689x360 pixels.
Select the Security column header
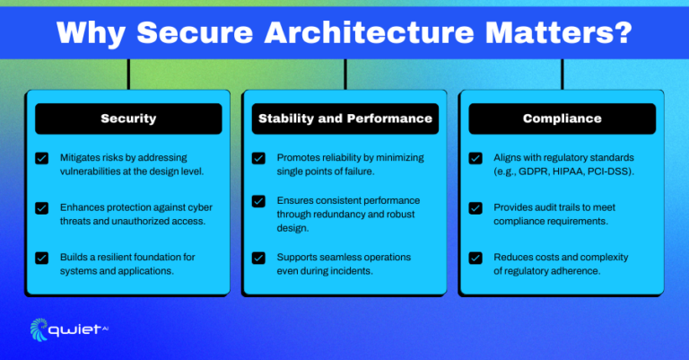[128, 119]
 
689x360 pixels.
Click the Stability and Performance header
[345, 119]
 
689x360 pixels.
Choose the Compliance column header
[563, 119]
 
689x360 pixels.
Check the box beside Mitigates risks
[41, 158]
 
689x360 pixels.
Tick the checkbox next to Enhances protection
[41, 208]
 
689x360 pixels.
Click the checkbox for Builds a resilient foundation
[41, 258]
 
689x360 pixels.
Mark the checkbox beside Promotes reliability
[258, 158]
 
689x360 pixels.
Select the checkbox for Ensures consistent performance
[258, 202]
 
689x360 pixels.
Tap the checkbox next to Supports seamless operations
[258, 258]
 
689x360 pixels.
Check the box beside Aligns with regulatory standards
[475, 158]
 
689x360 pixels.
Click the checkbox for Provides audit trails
[475, 208]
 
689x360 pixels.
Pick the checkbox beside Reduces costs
[475, 258]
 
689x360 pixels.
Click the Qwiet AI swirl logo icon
[40, 329]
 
